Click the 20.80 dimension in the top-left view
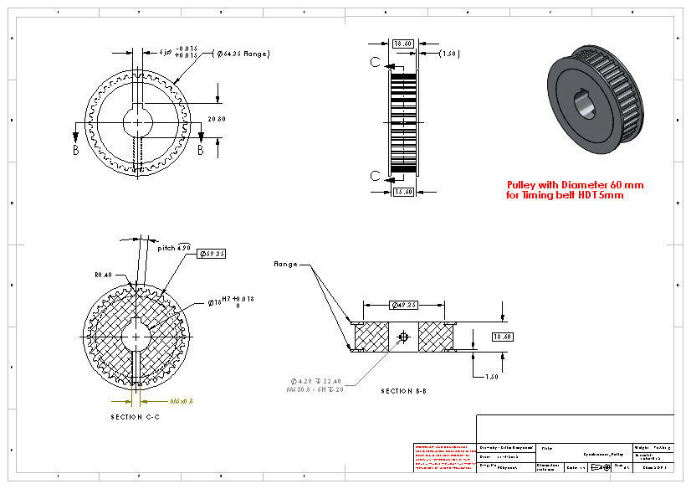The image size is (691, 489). click(217, 120)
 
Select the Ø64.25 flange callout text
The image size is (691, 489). click(243, 54)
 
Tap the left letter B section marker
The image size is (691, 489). click(75, 151)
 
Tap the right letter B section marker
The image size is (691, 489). click(201, 151)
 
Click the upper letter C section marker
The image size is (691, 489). click(376, 62)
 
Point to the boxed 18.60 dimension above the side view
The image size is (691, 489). click(403, 43)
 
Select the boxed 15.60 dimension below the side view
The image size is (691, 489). click(403, 192)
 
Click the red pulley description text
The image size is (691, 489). click(575, 190)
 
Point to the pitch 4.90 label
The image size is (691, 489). click(175, 248)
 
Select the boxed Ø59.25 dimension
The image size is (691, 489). click(212, 254)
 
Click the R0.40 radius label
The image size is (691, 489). click(103, 275)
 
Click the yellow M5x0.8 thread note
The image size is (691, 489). click(181, 401)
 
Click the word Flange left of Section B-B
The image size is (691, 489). click(286, 264)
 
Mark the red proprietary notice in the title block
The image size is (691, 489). click(444, 457)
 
